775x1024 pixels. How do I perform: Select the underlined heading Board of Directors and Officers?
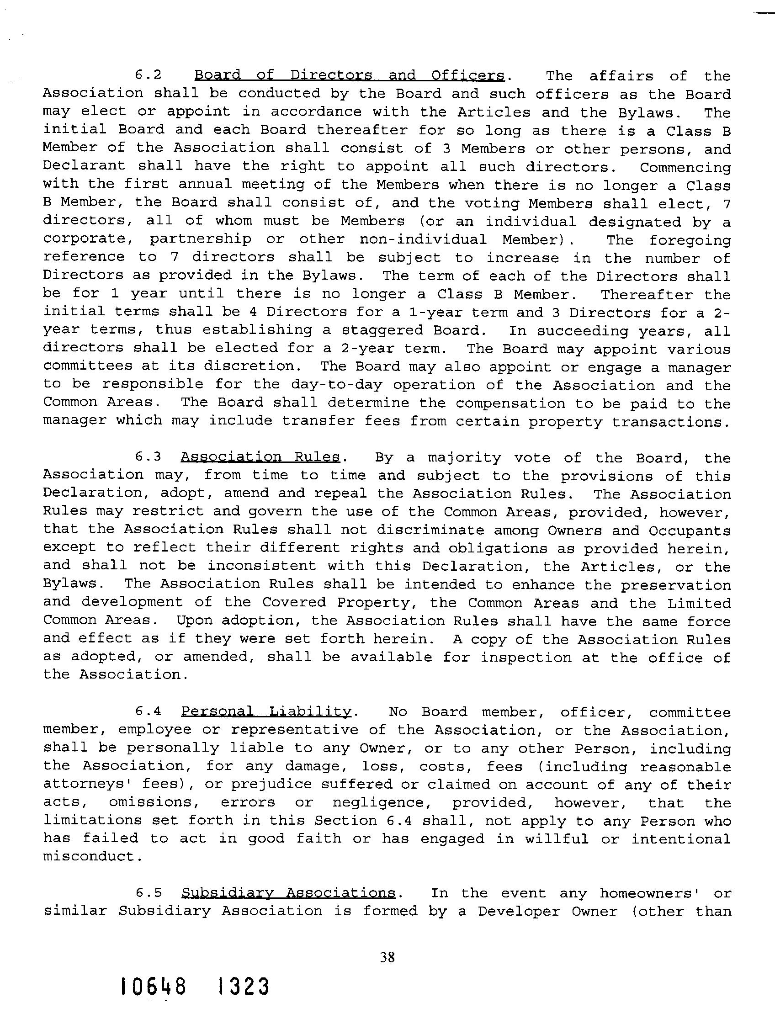click(349, 75)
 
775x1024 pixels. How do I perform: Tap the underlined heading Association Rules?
click(260, 457)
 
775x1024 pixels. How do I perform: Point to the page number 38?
click(387, 957)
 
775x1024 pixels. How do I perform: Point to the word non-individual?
click(423, 240)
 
